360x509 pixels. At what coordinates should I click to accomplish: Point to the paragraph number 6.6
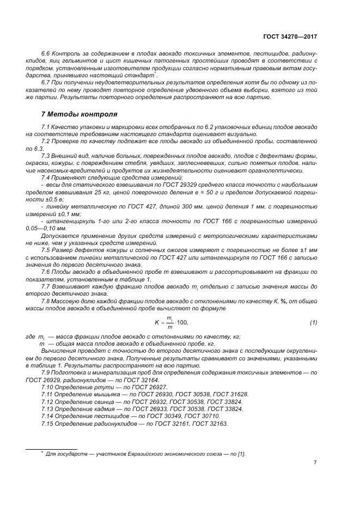pyautogui.click(x=46, y=56)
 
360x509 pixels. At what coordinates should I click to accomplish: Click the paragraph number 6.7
pyautogui.click(x=46, y=81)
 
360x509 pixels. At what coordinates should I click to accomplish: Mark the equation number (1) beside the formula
pyautogui.click(x=313, y=323)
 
